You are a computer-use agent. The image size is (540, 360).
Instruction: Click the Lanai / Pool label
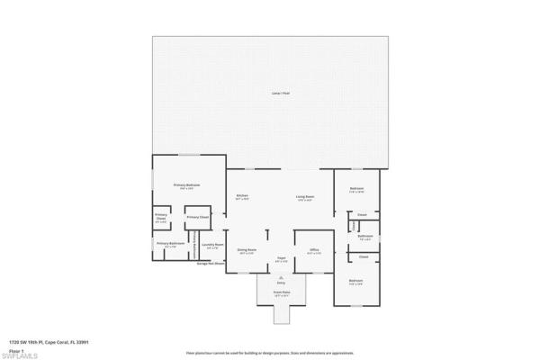pyautogui.click(x=280, y=94)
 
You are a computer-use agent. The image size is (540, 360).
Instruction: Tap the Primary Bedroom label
pyautogui.click(x=186, y=186)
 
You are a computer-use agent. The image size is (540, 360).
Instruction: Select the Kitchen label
pyautogui.click(x=242, y=197)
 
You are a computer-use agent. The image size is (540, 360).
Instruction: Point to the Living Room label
pyautogui.click(x=304, y=197)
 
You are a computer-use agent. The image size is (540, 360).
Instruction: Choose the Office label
pyautogui.click(x=314, y=250)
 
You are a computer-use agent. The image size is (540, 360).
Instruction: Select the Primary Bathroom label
pyautogui.click(x=170, y=244)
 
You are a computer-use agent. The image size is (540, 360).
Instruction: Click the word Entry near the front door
pyautogui.click(x=280, y=283)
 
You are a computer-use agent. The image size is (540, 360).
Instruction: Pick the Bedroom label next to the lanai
pyautogui.click(x=355, y=189)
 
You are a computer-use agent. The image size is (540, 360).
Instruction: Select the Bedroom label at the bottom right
pyautogui.click(x=355, y=282)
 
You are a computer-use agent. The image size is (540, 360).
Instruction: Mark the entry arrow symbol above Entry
pyautogui.click(x=280, y=277)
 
